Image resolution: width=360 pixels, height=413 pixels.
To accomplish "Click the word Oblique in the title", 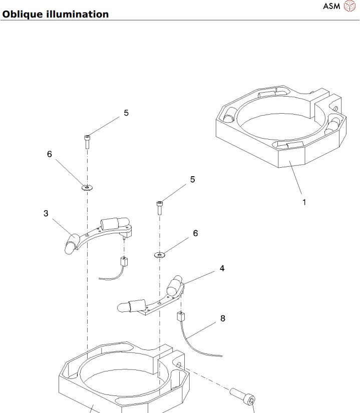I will [x=20, y=14].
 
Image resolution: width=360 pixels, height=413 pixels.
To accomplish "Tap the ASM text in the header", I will [x=331, y=7].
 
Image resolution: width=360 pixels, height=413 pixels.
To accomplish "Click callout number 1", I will [x=304, y=202].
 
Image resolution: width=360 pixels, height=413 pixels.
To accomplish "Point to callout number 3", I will [x=46, y=213].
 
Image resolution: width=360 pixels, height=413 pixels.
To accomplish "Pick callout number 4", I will [x=221, y=268].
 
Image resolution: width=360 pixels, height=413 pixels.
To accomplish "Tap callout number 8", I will [x=222, y=318].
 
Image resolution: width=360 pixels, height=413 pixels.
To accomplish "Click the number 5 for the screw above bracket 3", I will [x=126, y=113].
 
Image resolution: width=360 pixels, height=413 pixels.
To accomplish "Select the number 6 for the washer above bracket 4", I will [x=196, y=233].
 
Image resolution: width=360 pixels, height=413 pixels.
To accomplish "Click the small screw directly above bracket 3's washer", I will [x=88, y=141].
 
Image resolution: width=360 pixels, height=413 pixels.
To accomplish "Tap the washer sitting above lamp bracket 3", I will [x=88, y=188].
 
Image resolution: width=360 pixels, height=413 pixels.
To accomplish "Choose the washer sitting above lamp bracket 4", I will [x=160, y=255].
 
